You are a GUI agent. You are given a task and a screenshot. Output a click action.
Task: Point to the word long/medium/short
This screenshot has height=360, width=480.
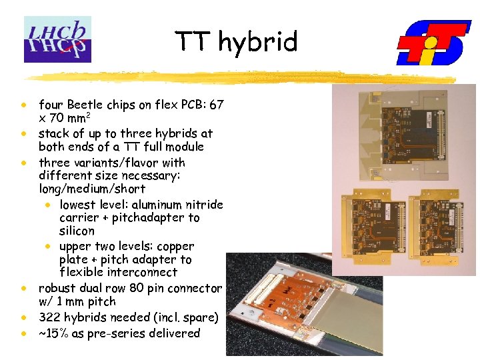[91, 189]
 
